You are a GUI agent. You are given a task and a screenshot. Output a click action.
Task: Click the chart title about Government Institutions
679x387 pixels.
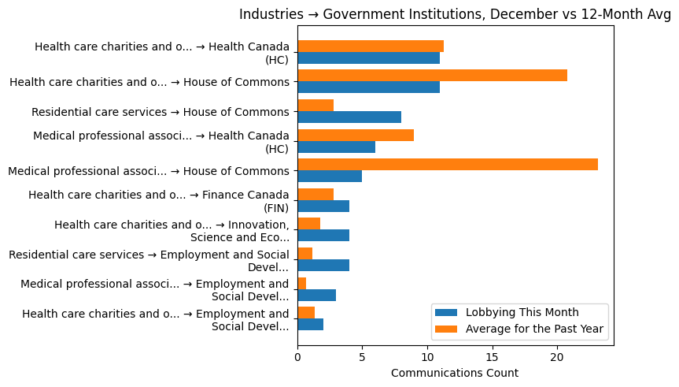(455, 14)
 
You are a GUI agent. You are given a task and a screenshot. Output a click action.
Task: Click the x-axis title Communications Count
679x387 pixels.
(455, 373)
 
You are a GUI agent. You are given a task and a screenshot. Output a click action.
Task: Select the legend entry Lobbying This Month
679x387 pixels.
(522, 311)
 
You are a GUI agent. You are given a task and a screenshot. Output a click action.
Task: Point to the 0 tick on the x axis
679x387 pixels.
(297, 357)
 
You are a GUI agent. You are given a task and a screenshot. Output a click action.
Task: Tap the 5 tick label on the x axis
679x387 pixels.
(362, 357)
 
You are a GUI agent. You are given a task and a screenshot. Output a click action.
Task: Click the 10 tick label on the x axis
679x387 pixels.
(427, 357)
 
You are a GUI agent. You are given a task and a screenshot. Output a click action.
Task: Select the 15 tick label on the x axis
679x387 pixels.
(492, 357)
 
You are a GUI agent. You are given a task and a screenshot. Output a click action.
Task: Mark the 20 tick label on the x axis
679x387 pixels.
(557, 357)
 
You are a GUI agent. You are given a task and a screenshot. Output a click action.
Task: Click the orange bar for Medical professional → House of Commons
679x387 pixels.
(448, 164)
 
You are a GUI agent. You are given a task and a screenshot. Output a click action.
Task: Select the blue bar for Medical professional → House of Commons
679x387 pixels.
(330, 176)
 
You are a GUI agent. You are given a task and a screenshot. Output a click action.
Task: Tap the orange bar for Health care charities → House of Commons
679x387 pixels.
(432, 75)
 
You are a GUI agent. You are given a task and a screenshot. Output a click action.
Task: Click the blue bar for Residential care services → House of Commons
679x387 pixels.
(349, 117)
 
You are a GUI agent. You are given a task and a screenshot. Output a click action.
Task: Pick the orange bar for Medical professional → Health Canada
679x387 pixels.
(356, 135)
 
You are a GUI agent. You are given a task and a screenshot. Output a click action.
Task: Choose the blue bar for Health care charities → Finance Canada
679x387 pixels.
(323, 206)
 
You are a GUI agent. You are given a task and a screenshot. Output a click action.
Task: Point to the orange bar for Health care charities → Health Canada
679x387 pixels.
(371, 46)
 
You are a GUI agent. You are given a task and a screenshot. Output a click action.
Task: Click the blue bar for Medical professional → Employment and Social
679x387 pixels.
(317, 295)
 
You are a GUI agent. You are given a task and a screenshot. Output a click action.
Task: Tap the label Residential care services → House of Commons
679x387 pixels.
(161, 111)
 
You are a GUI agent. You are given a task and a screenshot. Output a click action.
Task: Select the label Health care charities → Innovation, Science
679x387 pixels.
(172, 230)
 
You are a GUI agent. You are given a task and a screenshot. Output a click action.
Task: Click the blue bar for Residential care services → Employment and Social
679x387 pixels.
(323, 265)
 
